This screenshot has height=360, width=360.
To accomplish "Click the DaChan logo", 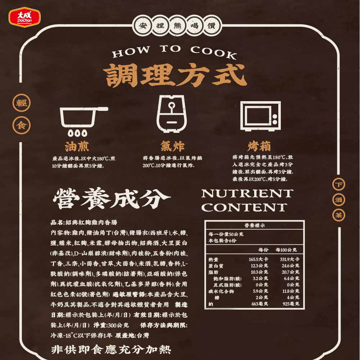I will click(x=24, y=16).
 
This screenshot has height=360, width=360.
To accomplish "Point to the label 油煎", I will click(x=76, y=147).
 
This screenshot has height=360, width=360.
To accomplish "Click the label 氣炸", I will click(x=172, y=147).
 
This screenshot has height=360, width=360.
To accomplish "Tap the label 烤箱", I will click(x=259, y=147).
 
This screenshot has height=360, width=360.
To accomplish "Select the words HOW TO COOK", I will click(x=174, y=52).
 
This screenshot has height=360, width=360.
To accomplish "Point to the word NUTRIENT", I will click(x=247, y=193).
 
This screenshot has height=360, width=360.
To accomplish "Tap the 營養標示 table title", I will click(x=255, y=226).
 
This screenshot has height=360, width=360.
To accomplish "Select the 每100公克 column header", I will click(x=286, y=250).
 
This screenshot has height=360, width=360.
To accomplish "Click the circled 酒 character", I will click(x=339, y=199).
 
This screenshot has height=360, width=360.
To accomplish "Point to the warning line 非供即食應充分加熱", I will click(x=111, y=349).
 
